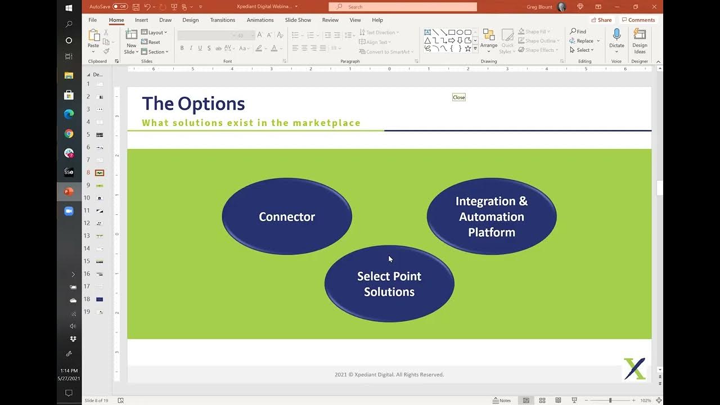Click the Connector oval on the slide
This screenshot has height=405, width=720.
(287, 217)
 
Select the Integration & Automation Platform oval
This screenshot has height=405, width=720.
(492, 217)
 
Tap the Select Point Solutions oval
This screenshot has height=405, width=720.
(389, 284)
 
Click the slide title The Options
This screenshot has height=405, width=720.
(193, 103)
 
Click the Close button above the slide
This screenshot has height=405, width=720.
(459, 97)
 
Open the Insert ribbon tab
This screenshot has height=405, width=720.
(141, 20)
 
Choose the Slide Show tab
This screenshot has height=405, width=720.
(298, 20)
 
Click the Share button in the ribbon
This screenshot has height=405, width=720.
(601, 20)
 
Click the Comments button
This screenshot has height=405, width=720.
(638, 20)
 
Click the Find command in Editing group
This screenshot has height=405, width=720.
(578, 31)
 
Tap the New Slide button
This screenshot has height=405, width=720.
(131, 40)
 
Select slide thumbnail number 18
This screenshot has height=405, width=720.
(100, 299)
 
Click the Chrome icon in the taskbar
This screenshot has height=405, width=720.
(69, 134)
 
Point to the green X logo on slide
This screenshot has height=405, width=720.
(634, 369)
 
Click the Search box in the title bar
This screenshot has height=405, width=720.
(403, 7)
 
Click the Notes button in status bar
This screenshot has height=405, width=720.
(502, 400)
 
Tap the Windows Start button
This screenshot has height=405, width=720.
(69, 8)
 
